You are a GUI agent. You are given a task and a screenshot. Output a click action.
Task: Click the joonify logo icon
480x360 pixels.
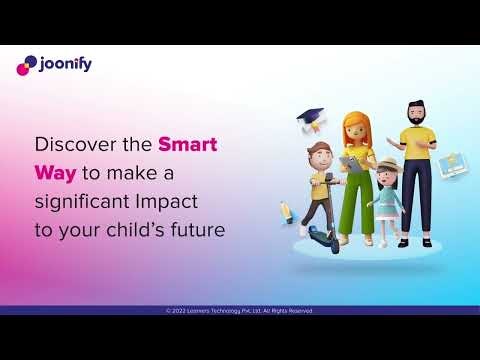[x=26, y=66]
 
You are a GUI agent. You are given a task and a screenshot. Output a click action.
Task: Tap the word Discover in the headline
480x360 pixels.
[x=72, y=143]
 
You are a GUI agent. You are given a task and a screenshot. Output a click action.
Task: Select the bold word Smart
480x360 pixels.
[x=188, y=143]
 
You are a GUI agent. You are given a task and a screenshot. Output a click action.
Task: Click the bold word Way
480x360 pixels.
[x=56, y=172]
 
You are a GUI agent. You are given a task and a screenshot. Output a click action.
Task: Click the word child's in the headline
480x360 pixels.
[x=136, y=229]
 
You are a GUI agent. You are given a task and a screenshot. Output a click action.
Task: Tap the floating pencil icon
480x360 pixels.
[x=286, y=211]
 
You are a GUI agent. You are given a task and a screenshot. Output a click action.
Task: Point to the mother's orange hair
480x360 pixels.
[x=355, y=125]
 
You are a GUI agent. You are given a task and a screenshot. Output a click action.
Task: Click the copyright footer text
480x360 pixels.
[x=239, y=311]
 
